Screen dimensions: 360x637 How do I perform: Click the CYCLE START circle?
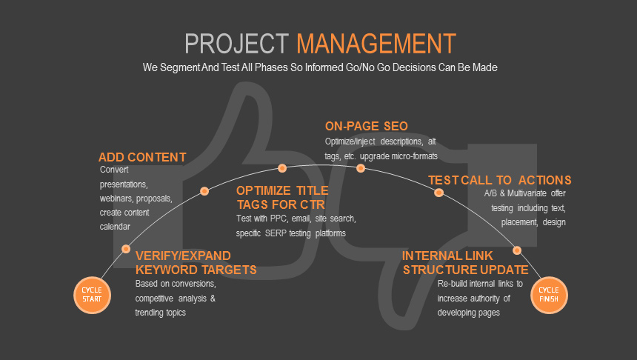[93, 294]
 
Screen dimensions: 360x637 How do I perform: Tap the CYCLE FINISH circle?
[549, 294]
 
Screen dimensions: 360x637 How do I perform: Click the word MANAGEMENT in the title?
[376, 43]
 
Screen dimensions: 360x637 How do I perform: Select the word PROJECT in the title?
[238, 43]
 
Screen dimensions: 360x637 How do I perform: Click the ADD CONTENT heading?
[142, 157]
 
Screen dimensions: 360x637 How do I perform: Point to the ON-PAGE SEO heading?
[366, 125]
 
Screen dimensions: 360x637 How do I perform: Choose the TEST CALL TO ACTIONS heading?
[499, 180]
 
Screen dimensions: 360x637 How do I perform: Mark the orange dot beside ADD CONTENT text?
[204, 191]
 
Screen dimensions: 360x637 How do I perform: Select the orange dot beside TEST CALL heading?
[438, 193]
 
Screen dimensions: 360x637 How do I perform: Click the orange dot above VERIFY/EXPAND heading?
[126, 249]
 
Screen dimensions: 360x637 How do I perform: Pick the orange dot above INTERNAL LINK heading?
[517, 250]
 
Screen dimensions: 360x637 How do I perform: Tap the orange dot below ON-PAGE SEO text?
[361, 168]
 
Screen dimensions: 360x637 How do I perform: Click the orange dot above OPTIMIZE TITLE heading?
[282, 168]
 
